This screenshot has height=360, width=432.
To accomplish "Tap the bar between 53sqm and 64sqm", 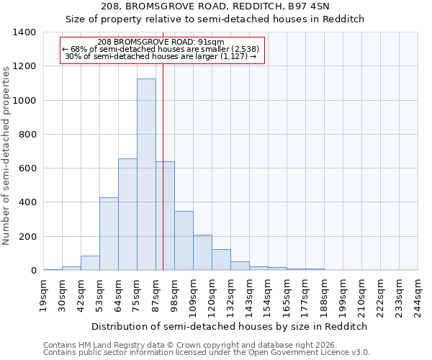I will pos(109,234).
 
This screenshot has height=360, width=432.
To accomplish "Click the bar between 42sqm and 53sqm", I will pos(90,263).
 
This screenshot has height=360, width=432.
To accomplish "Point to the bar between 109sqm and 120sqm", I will pos(202,253).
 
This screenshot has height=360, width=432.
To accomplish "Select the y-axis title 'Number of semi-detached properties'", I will pos(7,155).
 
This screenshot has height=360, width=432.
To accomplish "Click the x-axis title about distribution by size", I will pos(230,326).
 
